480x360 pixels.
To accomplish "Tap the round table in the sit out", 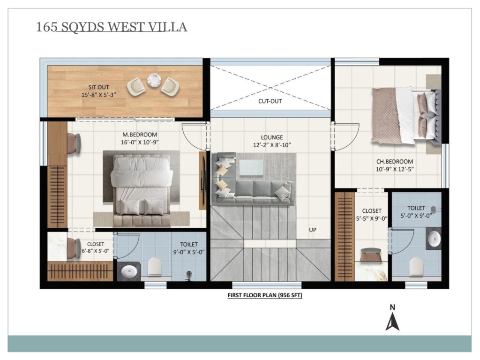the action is pos(153,80).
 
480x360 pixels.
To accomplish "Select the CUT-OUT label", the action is pos(270,101).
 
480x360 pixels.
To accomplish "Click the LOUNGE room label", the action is pos(272,137).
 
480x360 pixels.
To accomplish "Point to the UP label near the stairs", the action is pos(313,230).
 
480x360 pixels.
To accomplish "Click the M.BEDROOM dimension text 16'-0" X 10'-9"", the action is pos(140,142).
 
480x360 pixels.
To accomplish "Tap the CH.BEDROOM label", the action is pos(395,161).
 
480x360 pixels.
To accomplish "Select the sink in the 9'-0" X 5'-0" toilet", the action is pos(129,271).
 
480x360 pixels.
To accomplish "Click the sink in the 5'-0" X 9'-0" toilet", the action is pos(434,239).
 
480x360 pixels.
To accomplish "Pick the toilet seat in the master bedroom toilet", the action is pos(155,267).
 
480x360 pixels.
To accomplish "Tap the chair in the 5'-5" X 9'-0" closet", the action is pos(370,255).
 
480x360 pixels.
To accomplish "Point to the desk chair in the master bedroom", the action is pos(74,143).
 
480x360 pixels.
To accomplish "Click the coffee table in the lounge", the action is pos(251,167).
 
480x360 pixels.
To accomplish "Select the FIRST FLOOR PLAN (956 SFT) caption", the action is pos(265,295).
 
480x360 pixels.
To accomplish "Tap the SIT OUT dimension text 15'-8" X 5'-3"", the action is pos(98,95).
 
